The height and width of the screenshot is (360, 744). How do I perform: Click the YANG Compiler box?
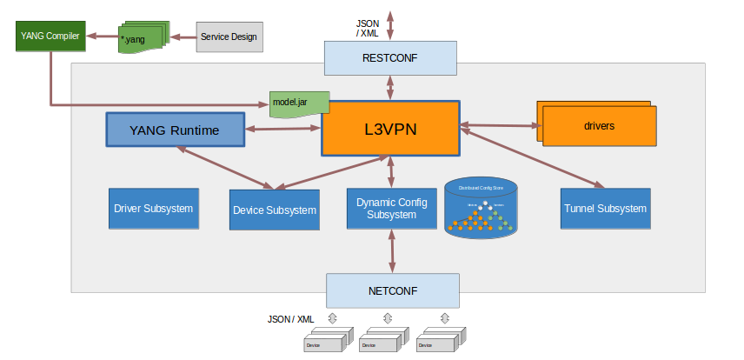pos(50,37)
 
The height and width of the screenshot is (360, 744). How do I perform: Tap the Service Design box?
pos(228,37)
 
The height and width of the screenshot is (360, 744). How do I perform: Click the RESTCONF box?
pos(390,59)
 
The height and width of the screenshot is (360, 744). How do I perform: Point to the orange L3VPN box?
pos(390,129)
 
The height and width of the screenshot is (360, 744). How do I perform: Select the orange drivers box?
pos(599,125)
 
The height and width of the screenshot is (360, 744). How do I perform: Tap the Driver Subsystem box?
pos(153,209)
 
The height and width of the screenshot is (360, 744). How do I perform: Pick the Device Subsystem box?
pos(274,210)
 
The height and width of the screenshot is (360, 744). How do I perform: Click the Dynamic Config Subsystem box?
pos(390,209)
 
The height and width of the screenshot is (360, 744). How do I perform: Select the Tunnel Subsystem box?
pos(605,209)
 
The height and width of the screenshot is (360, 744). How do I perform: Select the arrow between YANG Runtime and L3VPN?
pos(283,130)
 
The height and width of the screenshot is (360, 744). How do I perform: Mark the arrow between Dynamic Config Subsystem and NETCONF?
pos(390,251)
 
